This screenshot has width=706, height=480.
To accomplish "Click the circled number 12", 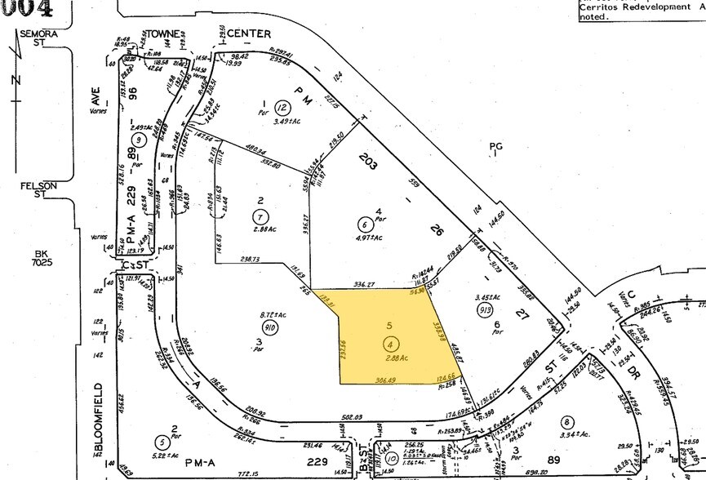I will click(282, 109).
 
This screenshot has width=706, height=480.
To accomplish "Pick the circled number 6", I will click(364, 223).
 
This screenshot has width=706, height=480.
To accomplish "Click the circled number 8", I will click(566, 421).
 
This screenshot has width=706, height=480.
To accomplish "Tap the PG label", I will click(495, 147).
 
